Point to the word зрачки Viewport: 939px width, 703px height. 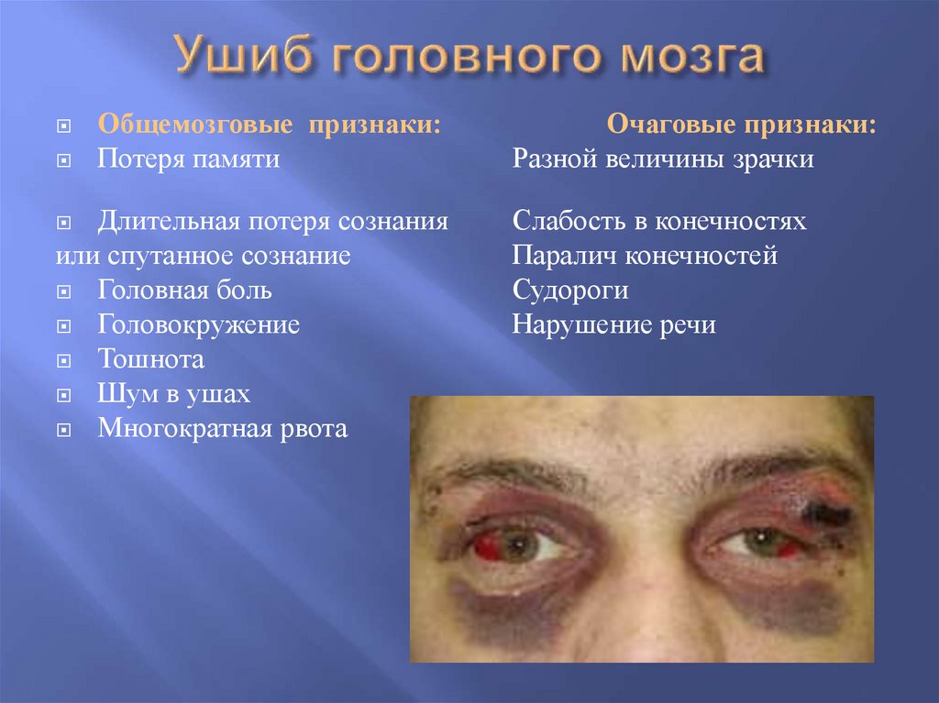(x=769, y=159)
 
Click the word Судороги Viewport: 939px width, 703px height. (x=570, y=291)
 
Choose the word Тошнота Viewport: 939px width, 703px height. (x=151, y=358)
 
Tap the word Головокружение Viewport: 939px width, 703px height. (x=199, y=324)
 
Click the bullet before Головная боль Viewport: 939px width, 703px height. (x=63, y=292)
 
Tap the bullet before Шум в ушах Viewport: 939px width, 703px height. (x=63, y=396)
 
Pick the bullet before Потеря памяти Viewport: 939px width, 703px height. (x=63, y=160)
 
